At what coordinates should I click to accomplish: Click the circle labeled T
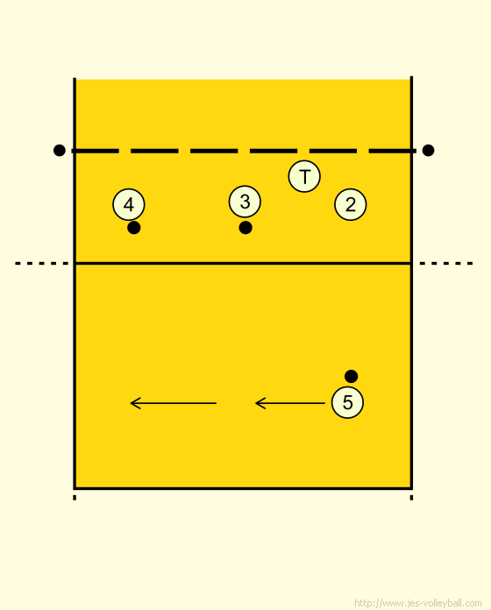(x=304, y=176)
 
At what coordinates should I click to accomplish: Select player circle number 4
(x=129, y=204)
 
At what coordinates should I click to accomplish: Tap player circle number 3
(x=245, y=202)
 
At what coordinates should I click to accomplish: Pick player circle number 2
(x=350, y=204)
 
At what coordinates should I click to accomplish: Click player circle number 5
(x=347, y=402)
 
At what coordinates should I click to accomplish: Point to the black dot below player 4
(x=134, y=228)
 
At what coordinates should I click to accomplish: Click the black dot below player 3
(x=245, y=228)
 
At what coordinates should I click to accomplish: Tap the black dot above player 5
(x=351, y=376)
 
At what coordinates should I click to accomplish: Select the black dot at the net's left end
(x=59, y=150)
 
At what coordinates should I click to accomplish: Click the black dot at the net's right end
(x=428, y=150)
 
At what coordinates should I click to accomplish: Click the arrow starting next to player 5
(x=290, y=403)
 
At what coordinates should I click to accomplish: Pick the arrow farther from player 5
(x=173, y=403)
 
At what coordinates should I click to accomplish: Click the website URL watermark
(x=418, y=603)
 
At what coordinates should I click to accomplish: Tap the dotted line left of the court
(x=42, y=264)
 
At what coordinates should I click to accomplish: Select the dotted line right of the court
(x=446, y=264)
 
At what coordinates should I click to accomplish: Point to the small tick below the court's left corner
(x=75, y=498)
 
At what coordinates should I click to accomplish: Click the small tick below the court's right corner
(x=411, y=498)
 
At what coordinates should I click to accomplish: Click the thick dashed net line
(x=244, y=151)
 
